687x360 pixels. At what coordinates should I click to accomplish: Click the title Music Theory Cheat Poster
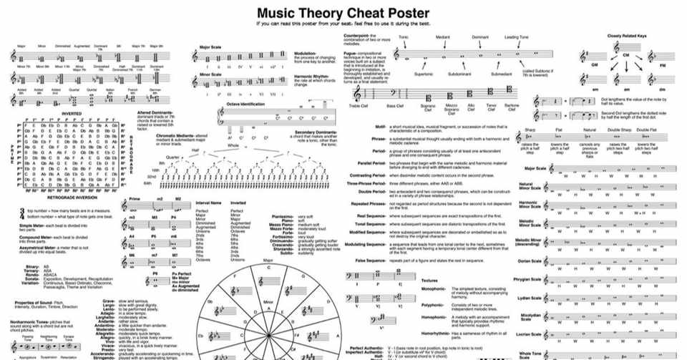pos(343,12)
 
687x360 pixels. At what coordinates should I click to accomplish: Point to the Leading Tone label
pos(516,37)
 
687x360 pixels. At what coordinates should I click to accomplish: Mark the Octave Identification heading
pos(247,104)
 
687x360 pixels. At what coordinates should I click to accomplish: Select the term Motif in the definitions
pos(381,127)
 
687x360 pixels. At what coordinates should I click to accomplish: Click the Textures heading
pos(430,280)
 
